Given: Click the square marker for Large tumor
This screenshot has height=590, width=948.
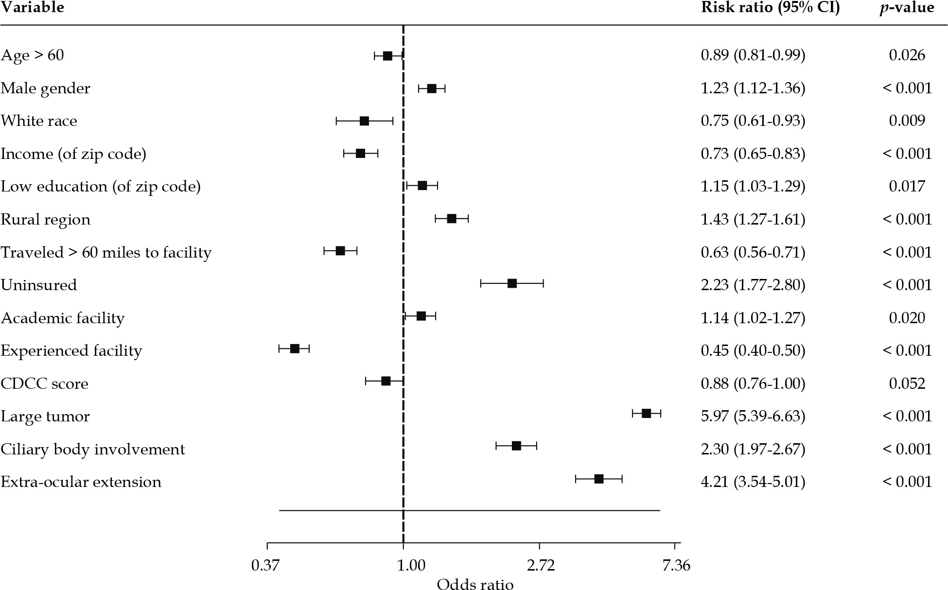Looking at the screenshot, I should [646, 414].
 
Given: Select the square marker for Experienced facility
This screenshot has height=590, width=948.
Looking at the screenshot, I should [295, 348].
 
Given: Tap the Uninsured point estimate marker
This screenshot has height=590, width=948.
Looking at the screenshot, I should [512, 283].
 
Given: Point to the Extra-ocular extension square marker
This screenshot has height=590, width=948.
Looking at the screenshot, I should [599, 479].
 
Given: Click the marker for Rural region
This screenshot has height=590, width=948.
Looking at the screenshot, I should [452, 219].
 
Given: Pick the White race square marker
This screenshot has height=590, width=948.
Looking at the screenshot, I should [364, 121].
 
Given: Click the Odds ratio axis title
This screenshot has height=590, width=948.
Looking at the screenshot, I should [475, 584].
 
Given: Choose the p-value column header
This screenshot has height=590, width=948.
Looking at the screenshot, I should [907, 8].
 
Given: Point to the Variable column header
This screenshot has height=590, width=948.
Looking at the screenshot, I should [33, 8].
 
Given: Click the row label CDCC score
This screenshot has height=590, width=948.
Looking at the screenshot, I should [45, 384].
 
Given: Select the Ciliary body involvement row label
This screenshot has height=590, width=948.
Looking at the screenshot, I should [93, 449].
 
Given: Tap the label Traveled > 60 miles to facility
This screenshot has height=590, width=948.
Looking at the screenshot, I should [106, 253].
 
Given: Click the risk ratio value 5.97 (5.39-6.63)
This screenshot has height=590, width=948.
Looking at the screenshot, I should [753, 416].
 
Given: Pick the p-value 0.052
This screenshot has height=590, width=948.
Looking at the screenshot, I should [907, 384].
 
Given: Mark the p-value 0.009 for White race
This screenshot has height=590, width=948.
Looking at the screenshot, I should [907, 121].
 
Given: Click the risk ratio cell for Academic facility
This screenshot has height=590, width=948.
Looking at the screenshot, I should [753, 318].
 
